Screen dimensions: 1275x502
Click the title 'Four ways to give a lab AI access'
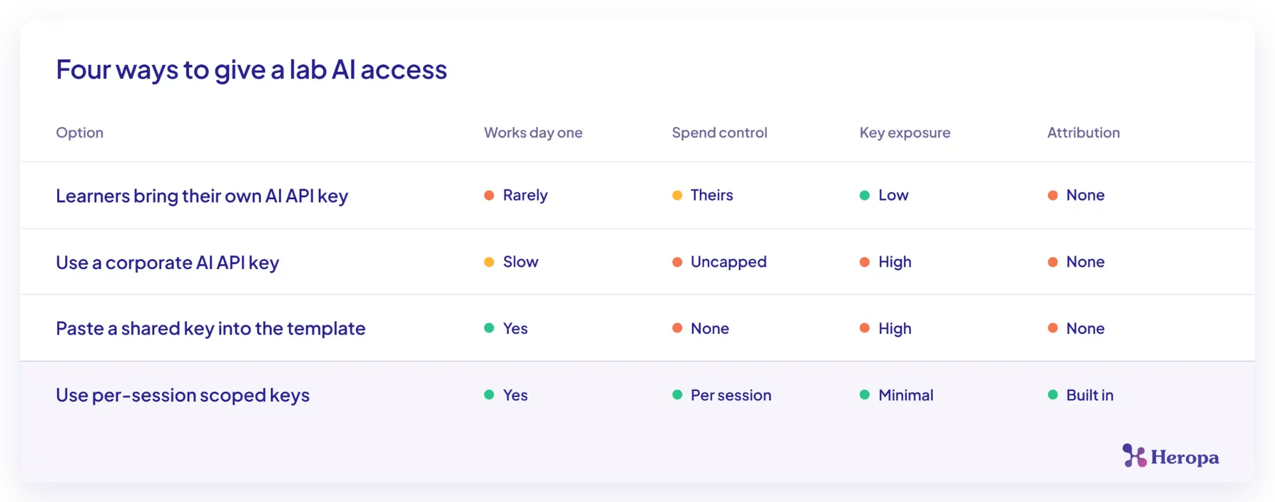tap(251, 70)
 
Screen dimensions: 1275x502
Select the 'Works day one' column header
tap(533, 133)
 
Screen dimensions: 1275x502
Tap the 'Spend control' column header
tap(719, 133)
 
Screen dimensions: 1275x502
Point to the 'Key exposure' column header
tap(904, 133)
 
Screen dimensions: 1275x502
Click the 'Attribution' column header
tap(1083, 132)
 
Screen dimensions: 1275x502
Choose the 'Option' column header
tap(80, 133)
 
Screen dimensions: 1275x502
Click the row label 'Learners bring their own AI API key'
tap(202, 197)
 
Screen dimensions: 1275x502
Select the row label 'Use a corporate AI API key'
tap(167, 263)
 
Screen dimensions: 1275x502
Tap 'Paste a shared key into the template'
tap(211, 329)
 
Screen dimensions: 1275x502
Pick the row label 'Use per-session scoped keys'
tap(183, 396)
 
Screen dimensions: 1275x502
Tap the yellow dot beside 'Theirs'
tap(677, 195)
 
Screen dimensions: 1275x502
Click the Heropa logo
tap(1171, 456)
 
